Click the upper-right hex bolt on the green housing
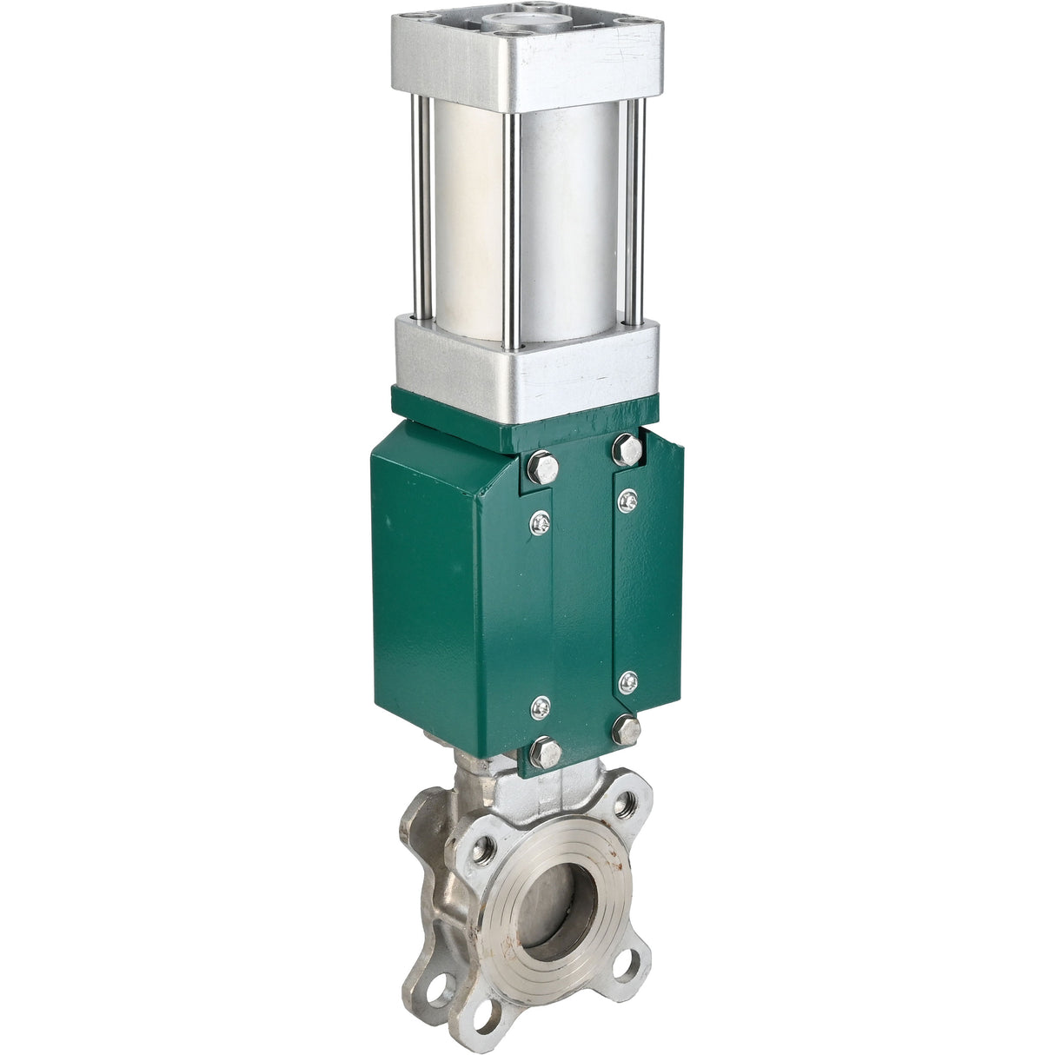[x=627, y=449]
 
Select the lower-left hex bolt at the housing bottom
[x=545, y=752]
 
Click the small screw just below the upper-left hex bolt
[x=541, y=521]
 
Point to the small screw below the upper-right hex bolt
[x=627, y=500]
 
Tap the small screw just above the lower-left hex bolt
[x=541, y=707]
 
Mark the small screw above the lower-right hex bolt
[x=627, y=683]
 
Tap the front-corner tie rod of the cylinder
[x=513, y=226]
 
